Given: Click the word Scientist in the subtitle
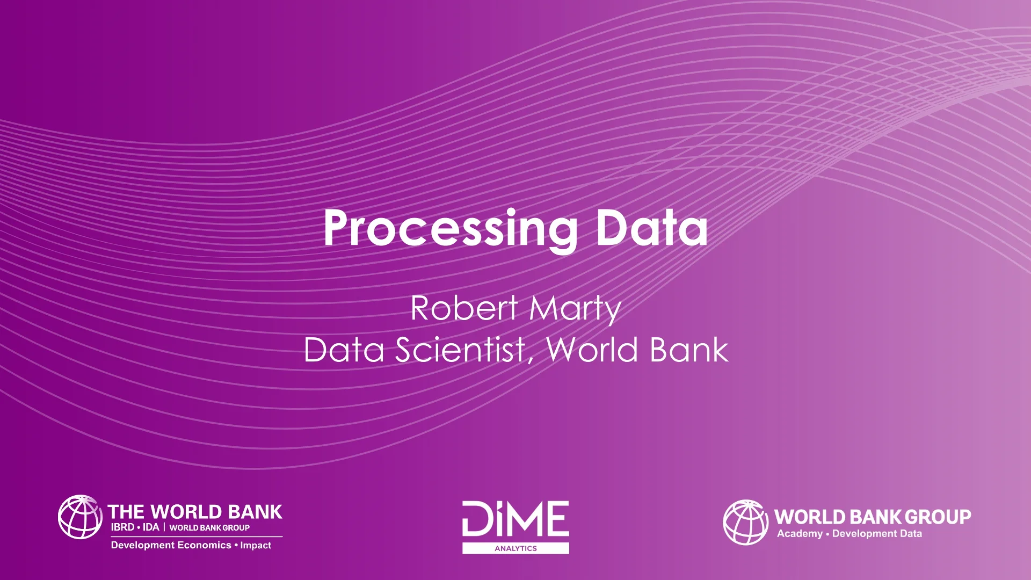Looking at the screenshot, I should [460, 350].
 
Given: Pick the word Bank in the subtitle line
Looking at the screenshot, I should [689, 350].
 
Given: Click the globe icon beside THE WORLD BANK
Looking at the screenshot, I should [80, 517].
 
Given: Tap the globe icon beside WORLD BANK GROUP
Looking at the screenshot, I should [745, 522].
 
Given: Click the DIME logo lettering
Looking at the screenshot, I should [515, 518].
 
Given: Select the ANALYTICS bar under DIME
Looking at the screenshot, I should [515, 548].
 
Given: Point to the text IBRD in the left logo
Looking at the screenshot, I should [122, 527].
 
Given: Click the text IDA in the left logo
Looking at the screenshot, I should [151, 527].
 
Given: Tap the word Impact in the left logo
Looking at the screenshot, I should [256, 545].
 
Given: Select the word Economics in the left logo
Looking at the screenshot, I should [204, 545].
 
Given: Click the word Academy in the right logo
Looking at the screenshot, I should [800, 534].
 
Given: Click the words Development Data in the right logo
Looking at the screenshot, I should [877, 534].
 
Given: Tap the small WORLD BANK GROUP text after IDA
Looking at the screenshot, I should [209, 528].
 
